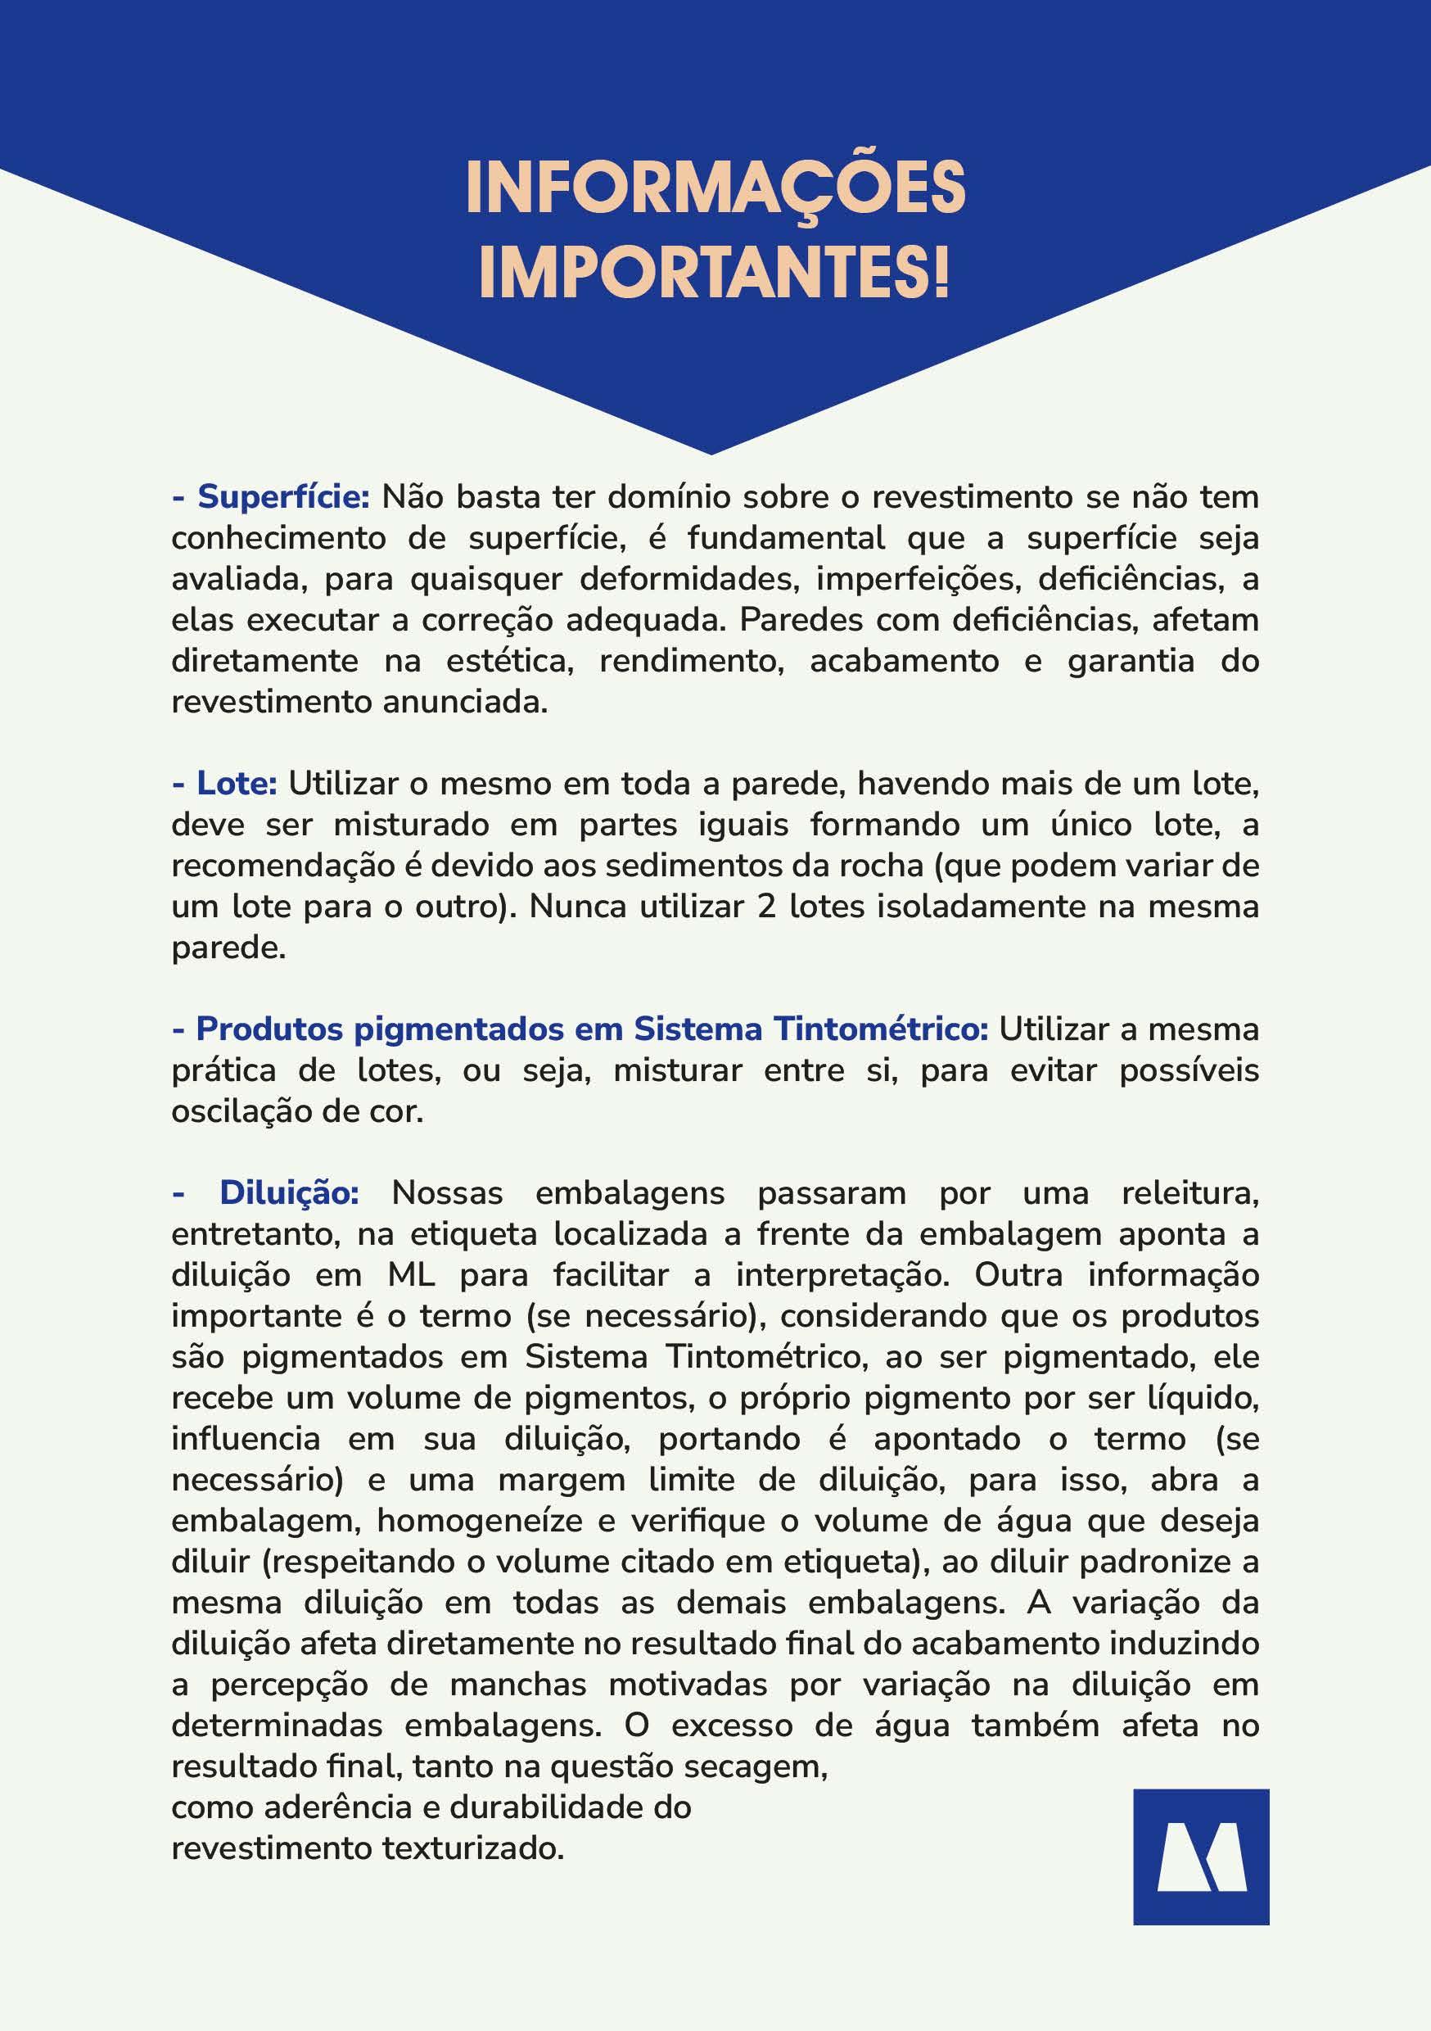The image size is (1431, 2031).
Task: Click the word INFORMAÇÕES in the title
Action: pyautogui.click(x=715, y=188)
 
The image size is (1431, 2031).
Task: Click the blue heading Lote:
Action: pyautogui.click(x=237, y=784)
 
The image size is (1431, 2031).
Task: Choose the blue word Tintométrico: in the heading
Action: pyautogui.click(x=881, y=1029)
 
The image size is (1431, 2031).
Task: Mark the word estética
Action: pyautogui.click(x=509, y=661)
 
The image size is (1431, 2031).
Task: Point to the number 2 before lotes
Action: pyautogui.click(x=766, y=907)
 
